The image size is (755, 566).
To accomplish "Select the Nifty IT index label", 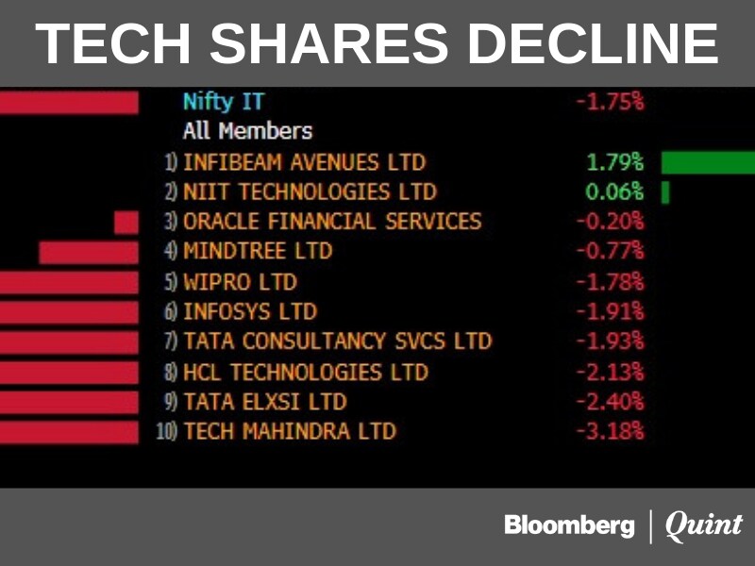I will [x=224, y=101].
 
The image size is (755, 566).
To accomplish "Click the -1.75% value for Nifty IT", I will [x=611, y=102].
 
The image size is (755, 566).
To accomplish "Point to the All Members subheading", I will [x=247, y=130].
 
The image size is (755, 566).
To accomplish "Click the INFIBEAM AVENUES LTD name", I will [x=304, y=162].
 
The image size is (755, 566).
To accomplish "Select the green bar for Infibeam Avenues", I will [x=708, y=162].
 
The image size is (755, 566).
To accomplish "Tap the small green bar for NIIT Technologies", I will [x=665, y=192].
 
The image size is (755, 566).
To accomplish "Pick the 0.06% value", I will [x=614, y=192].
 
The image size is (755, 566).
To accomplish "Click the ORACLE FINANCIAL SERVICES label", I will [x=331, y=222].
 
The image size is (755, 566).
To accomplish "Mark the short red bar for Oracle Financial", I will [x=126, y=223].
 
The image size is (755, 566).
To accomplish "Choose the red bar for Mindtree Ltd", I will [x=89, y=252].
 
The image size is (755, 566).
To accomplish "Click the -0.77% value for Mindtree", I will [x=611, y=252].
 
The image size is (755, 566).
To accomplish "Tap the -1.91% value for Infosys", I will [x=611, y=311].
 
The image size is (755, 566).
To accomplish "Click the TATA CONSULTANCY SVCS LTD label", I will [x=337, y=341].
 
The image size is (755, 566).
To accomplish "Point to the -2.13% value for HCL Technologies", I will [x=611, y=372].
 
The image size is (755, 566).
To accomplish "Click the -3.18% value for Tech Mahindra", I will [x=611, y=432].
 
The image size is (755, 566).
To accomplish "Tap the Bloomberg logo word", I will [x=569, y=525].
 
